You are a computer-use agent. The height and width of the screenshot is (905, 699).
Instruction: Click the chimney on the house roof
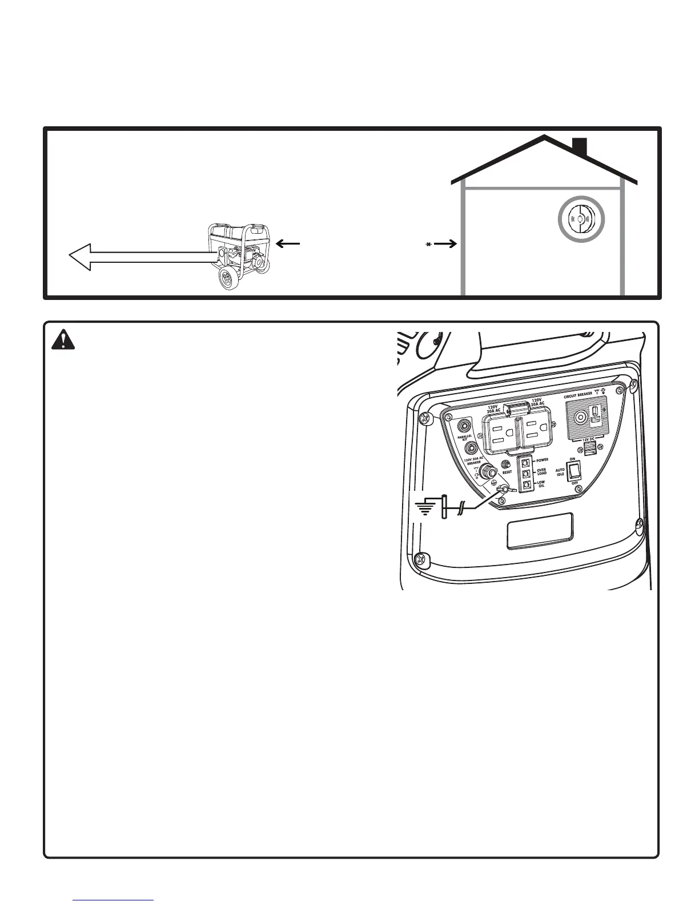[x=580, y=147]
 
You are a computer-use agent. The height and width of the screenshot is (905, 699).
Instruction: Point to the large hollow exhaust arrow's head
[x=81, y=257]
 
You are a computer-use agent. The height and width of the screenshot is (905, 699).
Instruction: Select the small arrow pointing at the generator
[x=288, y=243]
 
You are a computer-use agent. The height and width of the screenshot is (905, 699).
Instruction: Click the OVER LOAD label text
[x=541, y=472]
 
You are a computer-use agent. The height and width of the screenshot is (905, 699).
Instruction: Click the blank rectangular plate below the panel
[x=540, y=531]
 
